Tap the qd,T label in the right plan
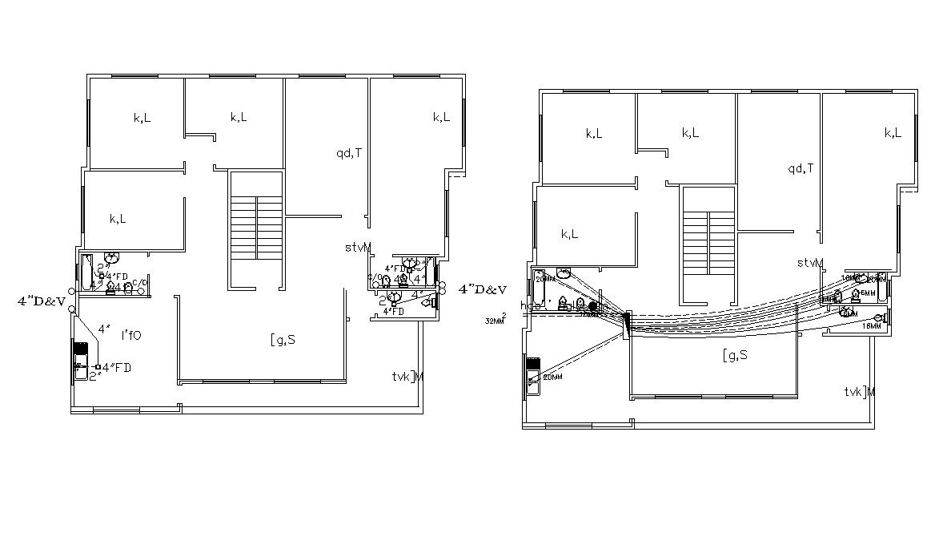tap(801, 168)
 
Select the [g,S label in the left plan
tap(283, 339)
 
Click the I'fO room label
tap(130, 334)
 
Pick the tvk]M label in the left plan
tap(407, 377)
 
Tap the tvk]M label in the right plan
tap(859, 392)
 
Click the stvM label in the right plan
tap(810, 263)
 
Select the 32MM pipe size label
tap(496, 321)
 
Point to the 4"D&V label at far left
tap(41, 301)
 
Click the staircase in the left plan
tap(257, 226)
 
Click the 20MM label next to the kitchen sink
tap(553, 377)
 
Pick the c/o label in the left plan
tap(140, 283)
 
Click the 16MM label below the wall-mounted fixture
tap(872, 327)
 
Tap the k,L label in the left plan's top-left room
tap(142, 118)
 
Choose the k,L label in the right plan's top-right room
tap(893, 133)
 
